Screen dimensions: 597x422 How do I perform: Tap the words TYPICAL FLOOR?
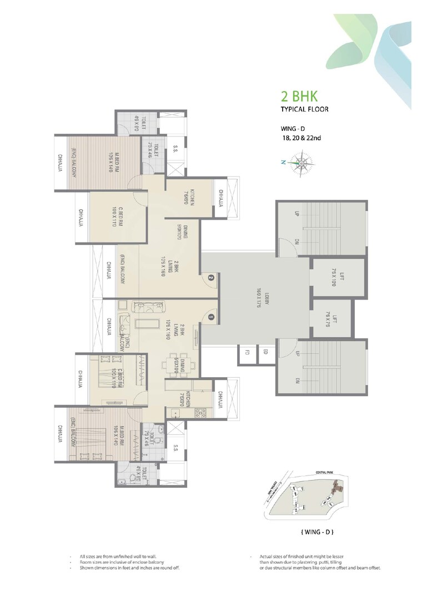(304, 109)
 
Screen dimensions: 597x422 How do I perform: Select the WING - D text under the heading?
(293, 129)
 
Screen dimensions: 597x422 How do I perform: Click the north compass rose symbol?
(302, 163)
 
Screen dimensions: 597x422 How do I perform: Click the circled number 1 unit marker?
(211, 317)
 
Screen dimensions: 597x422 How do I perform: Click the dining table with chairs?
(178, 365)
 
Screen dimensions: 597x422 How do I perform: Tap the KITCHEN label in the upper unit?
(190, 197)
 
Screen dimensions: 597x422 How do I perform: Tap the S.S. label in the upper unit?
(175, 149)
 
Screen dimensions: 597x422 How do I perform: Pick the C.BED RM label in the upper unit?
(115, 216)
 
